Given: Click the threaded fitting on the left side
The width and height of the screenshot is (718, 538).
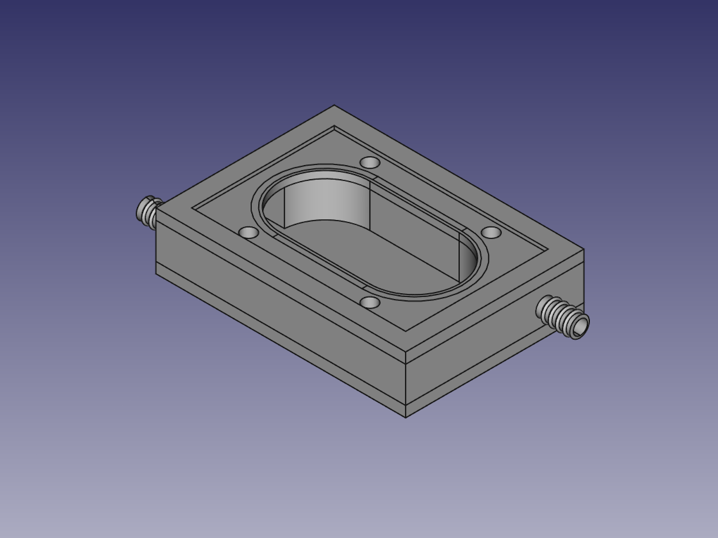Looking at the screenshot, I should click(x=148, y=212).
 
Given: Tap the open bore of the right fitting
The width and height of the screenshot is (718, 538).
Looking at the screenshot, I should click(x=581, y=324).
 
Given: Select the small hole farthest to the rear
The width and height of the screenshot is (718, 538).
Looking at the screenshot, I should click(x=370, y=163).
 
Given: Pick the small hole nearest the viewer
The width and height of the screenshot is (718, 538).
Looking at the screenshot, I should click(x=370, y=303).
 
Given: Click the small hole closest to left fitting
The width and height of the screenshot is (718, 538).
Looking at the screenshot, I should click(x=249, y=232).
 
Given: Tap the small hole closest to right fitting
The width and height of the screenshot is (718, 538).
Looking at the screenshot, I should click(x=492, y=232).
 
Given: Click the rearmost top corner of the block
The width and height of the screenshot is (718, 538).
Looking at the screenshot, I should click(x=334, y=105).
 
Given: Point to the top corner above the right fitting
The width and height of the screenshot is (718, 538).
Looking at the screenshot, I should click(x=584, y=249).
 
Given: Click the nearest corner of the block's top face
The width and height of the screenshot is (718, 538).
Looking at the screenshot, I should click(x=406, y=351).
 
